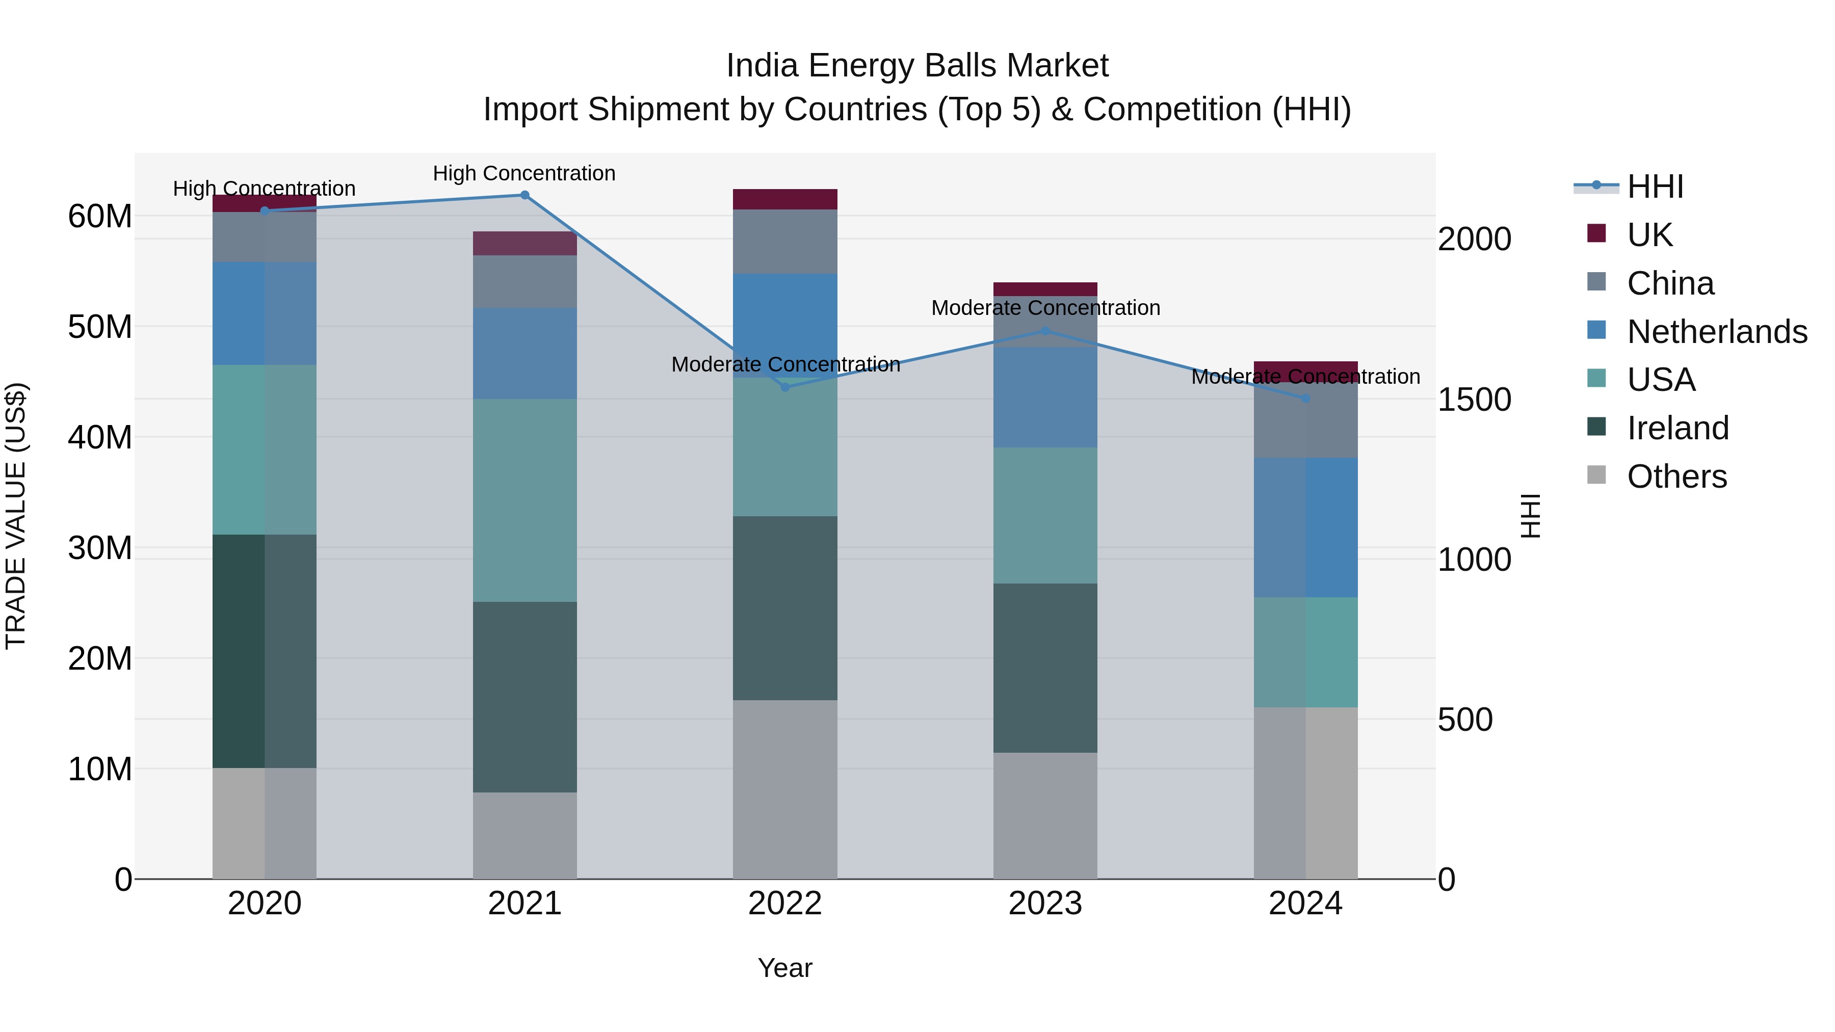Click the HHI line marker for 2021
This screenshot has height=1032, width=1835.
(x=525, y=195)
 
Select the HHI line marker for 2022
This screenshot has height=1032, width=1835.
(x=785, y=387)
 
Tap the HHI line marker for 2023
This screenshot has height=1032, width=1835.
(x=1045, y=331)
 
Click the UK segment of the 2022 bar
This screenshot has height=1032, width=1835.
(x=785, y=199)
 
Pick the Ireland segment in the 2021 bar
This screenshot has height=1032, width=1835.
(x=525, y=697)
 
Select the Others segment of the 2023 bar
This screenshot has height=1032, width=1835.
(x=1045, y=815)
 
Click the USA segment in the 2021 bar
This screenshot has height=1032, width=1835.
(x=525, y=500)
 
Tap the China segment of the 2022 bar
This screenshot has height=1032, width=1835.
(x=785, y=242)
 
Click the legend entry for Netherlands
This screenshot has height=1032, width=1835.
(x=1717, y=332)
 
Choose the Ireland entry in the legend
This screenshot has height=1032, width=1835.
(x=1677, y=428)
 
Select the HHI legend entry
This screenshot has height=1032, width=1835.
(x=1655, y=187)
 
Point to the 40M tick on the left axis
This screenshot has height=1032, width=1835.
(x=100, y=437)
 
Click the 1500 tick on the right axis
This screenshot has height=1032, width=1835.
(x=1474, y=400)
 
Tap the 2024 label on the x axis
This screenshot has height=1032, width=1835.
(x=1305, y=904)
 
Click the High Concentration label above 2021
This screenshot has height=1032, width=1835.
(x=525, y=173)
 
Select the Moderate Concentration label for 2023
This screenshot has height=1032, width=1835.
(x=1045, y=308)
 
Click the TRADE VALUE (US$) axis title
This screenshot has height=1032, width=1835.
(x=16, y=516)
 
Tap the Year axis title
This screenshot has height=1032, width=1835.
(x=785, y=968)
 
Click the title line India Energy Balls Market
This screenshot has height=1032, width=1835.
(x=917, y=66)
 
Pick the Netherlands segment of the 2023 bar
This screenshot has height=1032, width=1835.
(x=1045, y=398)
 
